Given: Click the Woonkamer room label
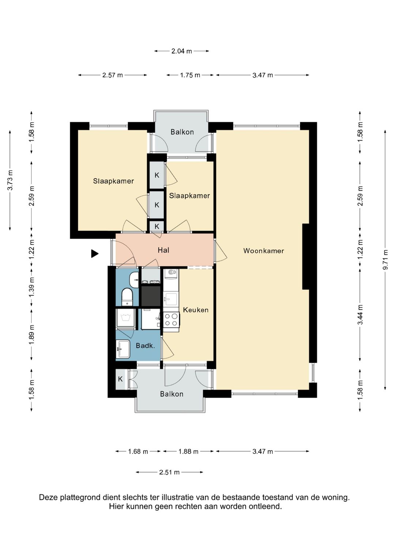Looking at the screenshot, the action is pos(264,250).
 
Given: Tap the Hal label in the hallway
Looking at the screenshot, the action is pos(163,250).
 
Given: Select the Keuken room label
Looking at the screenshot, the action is pos(196,310).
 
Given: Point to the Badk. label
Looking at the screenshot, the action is pos(145,346).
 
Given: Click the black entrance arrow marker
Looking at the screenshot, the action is pos(94,254).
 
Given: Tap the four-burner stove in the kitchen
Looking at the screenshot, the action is pos(171,320).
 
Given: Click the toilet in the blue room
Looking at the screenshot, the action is pos(127,297).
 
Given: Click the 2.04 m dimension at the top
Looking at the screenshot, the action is pos(181,51).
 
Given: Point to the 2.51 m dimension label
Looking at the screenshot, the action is pos(169,472).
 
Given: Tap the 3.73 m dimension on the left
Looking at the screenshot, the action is pos(10,180).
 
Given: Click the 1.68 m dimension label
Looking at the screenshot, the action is pos(138,451).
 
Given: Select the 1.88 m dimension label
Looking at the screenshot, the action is pos(188,451).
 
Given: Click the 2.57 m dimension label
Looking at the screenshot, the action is pos(113,75).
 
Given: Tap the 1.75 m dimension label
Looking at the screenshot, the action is pos(190,75).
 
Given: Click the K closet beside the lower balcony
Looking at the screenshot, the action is pos(120,379).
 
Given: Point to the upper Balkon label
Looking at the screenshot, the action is pos(182,132).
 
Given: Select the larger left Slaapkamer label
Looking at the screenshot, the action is pos(113,181).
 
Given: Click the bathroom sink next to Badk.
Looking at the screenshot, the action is pos(123,349).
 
